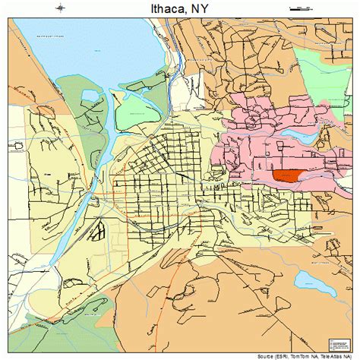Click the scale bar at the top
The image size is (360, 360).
click(302, 7)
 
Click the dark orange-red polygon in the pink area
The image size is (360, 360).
click(288, 175)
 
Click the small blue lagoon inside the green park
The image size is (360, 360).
click(91, 96)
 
